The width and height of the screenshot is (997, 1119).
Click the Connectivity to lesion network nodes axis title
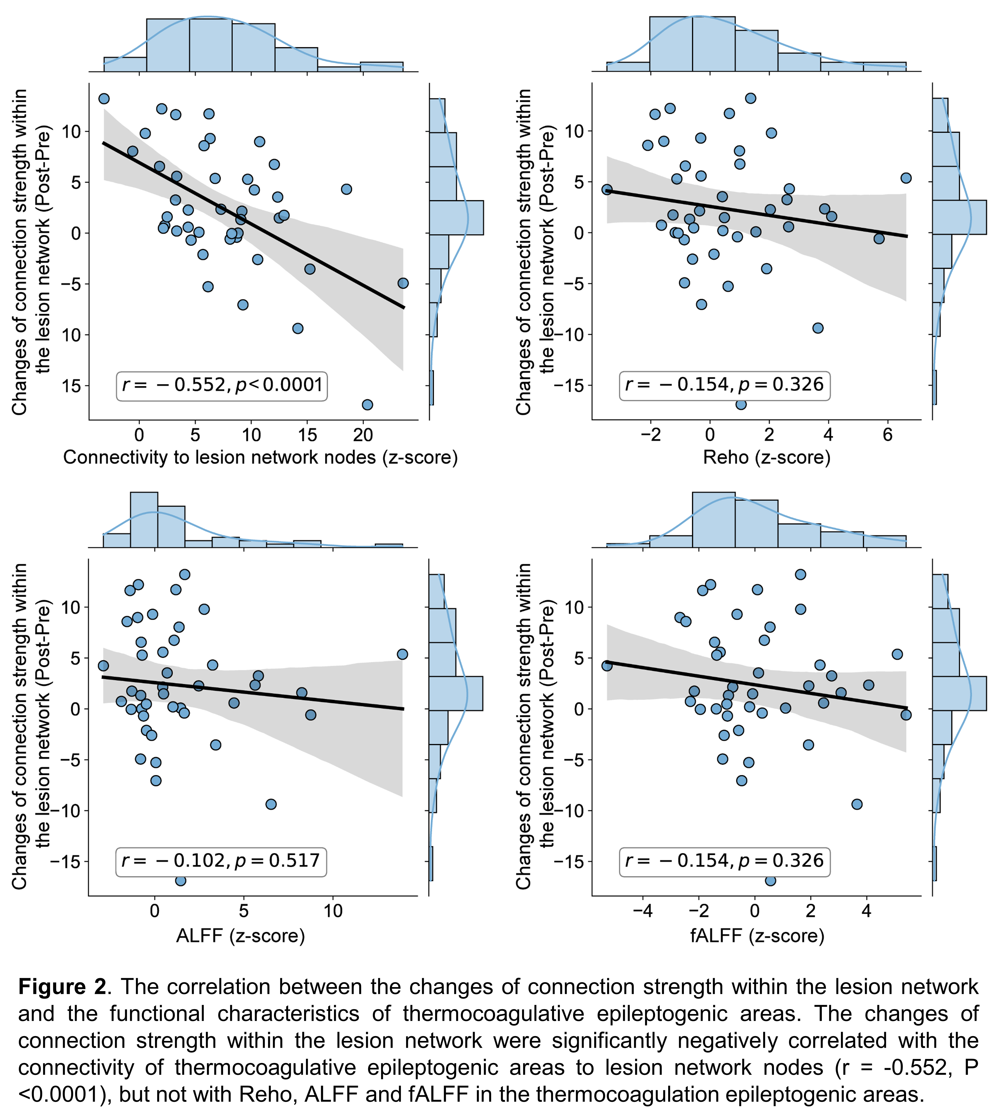(260, 457)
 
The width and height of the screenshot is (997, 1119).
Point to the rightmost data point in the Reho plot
(906, 178)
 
